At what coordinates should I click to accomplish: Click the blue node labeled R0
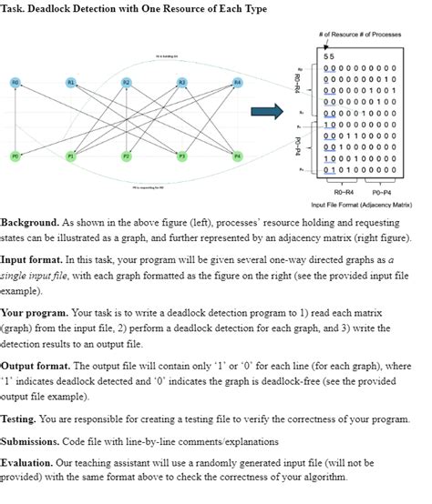[x=15, y=83]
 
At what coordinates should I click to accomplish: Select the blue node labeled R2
[x=126, y=83]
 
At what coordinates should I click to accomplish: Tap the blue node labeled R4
[x=238, y=83]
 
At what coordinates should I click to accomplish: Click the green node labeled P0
[x=15, y=156]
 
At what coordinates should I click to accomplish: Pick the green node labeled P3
[x=182, y=156]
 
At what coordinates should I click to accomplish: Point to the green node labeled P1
[x=71, y=156]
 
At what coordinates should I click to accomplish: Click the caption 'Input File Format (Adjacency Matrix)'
[x=363, y=206]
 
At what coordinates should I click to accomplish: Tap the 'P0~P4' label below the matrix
[x=383, y=193]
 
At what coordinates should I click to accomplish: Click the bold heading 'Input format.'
[x=35, y=258]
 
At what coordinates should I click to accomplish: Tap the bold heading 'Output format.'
[x=37, y=367]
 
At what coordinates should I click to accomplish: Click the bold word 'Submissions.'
[x=33, y=441]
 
